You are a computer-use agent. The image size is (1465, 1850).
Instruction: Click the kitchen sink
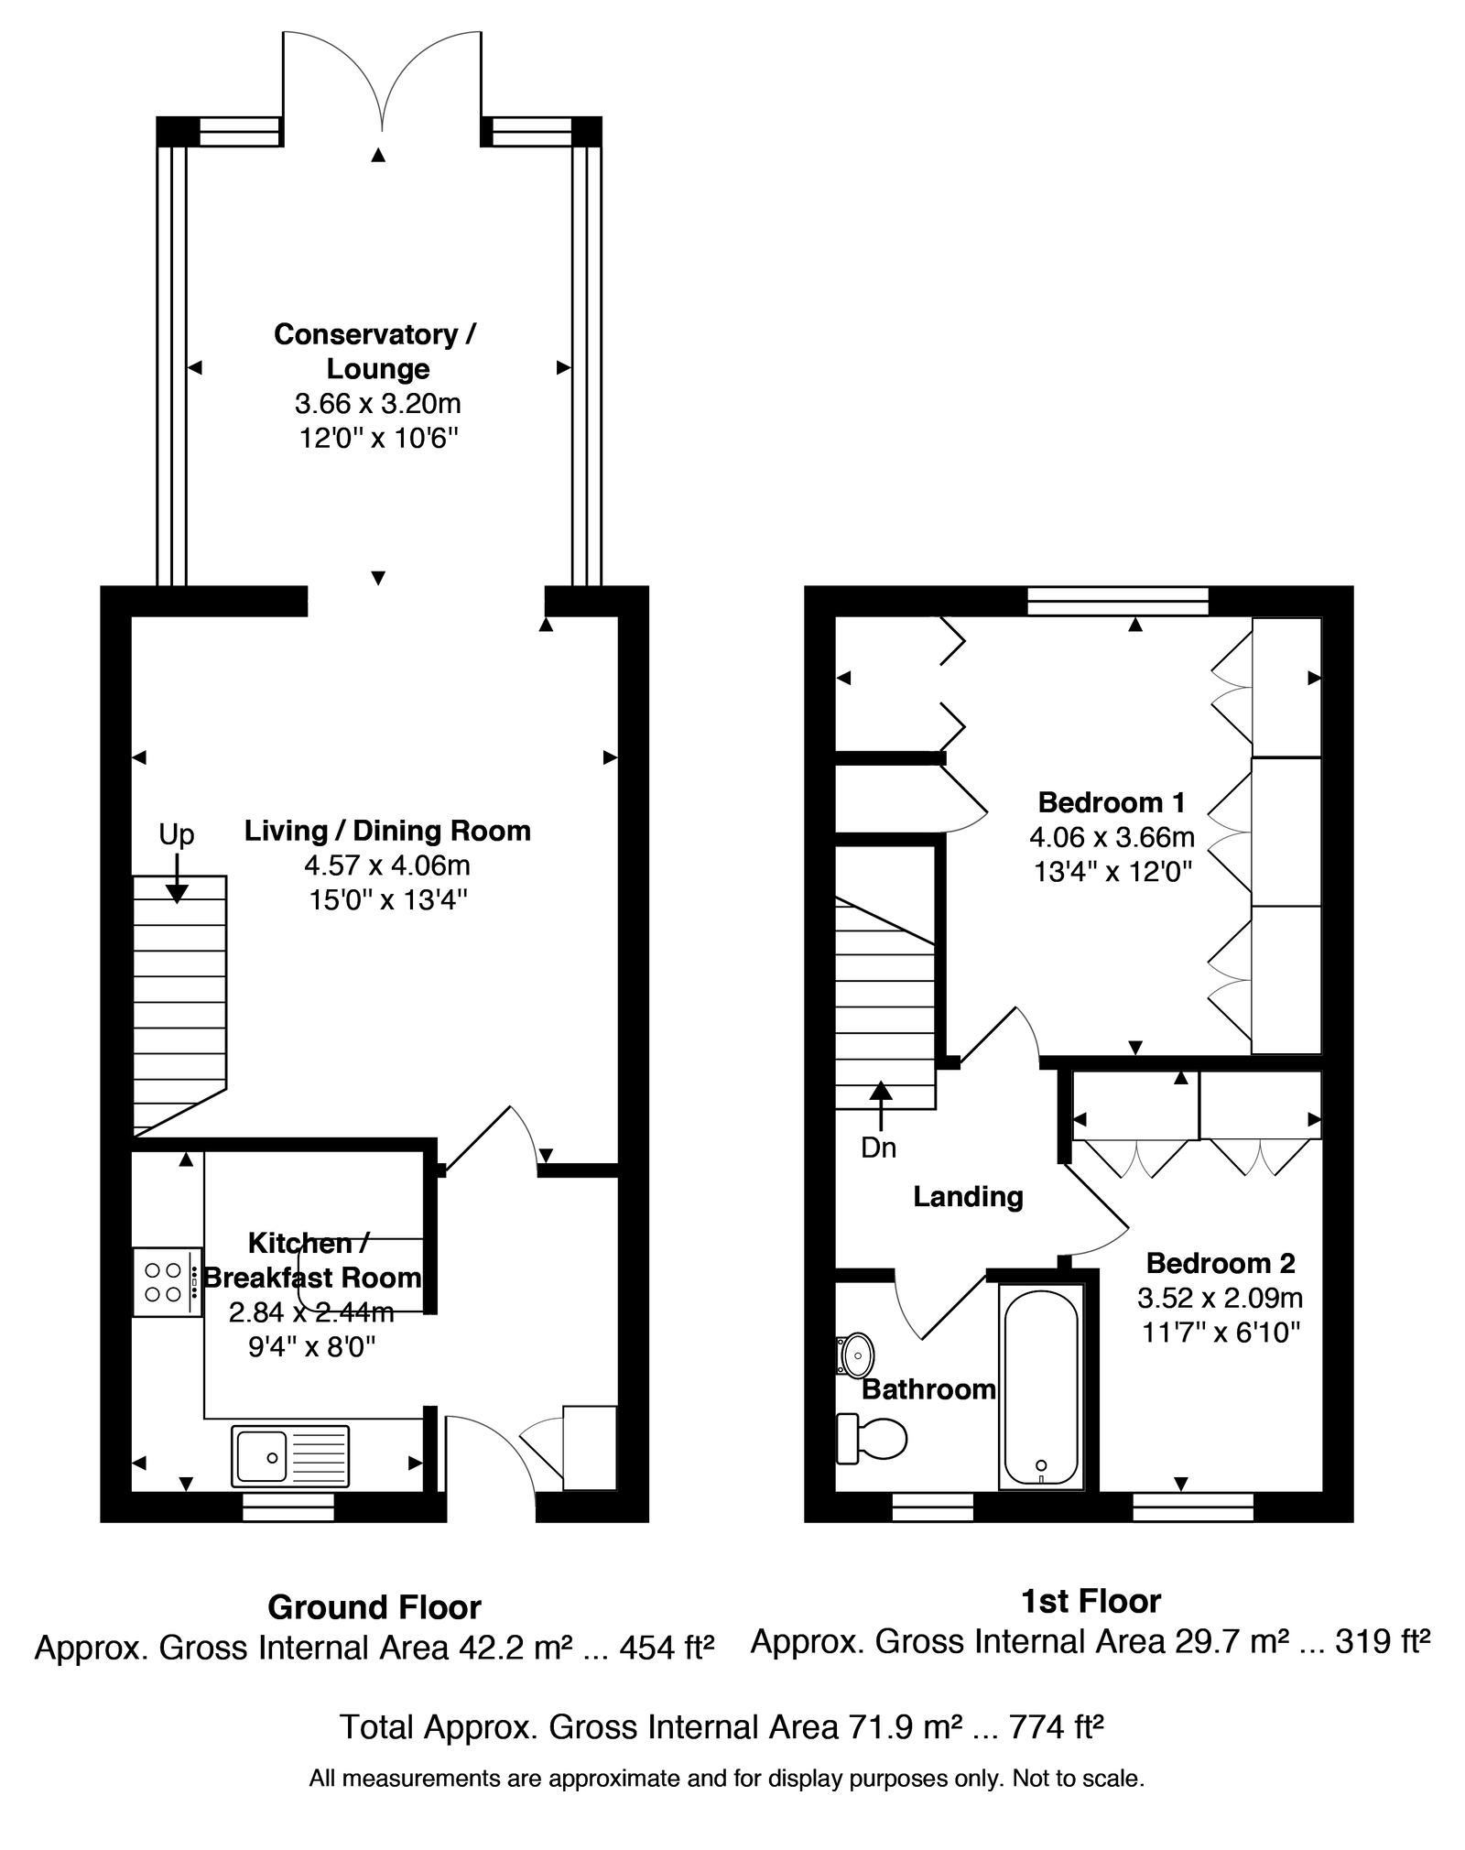point(291,1455)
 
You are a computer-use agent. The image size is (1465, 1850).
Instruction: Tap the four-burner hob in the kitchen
point(168,1282)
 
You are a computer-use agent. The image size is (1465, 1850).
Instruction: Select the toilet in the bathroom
point(871,1438)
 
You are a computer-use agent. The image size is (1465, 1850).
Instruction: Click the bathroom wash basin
point(855,1355)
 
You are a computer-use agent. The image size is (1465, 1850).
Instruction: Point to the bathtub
point(1041,1386)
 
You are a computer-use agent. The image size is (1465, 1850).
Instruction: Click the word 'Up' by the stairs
point(177,834)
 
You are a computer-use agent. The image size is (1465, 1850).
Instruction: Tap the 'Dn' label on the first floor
point(879,1148)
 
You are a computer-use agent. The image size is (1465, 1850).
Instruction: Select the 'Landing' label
point(968,1197)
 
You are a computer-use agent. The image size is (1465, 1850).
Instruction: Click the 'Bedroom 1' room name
point(1112,802)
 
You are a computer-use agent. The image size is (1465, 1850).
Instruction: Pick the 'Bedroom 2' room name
point(1221,1263)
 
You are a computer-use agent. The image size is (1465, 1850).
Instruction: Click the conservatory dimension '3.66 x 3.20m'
point(377,403)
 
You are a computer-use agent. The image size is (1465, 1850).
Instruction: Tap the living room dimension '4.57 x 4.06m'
point(387,865)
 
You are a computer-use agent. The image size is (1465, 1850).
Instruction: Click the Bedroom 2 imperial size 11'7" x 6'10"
point(1221,1332)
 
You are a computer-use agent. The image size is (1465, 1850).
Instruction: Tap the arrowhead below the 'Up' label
point(177,894)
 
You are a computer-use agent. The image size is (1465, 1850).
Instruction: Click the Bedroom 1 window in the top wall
point(1118,601)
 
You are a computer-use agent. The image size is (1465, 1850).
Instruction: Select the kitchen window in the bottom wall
point(288,1507)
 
